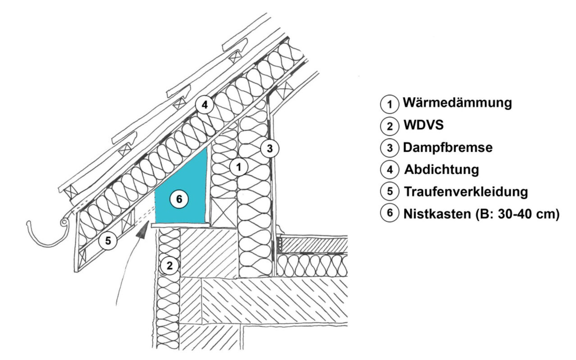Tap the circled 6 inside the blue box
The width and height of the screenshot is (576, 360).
(x=179, y=199)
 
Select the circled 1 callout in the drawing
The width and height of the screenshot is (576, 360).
(x=239, y=167)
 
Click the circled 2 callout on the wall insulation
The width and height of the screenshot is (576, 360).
(x=169, y=265)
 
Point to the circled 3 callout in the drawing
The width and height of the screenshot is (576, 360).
(x=269, y=148)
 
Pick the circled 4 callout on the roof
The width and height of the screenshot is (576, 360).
(x=204, y=105)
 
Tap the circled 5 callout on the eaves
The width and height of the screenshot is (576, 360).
(x=108, y=241)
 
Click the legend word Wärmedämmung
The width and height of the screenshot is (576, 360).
(x=458, y=103)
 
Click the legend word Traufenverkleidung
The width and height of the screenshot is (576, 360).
(x=466, y=192)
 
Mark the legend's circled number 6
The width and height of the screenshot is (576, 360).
(x=389, y=213)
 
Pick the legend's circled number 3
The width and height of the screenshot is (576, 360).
(x=389, y=148)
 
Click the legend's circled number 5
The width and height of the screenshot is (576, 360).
(x=389, y=192)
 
